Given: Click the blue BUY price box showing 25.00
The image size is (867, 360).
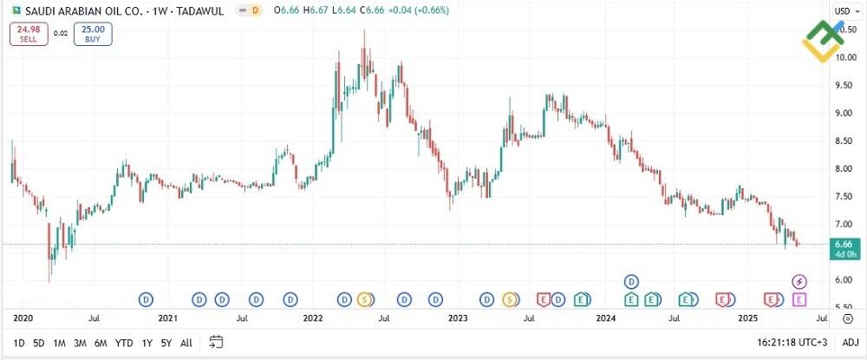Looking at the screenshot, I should coord(93,34).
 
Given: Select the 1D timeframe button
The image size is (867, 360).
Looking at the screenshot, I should coord(19,343).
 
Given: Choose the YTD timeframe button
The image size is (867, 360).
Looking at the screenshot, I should coord(124,343).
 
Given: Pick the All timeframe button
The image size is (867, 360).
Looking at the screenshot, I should coord(186,343).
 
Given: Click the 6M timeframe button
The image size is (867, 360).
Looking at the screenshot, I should coord(101,343).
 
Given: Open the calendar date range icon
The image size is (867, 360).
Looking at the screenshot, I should coord(217,342).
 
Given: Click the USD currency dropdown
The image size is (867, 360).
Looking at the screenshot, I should coord(844,10).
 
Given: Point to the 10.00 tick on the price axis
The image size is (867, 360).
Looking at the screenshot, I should coord(845,57).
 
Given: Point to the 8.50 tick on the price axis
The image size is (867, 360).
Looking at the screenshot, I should coord(845,141).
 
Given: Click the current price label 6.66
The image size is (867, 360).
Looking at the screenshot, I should coord(845,245).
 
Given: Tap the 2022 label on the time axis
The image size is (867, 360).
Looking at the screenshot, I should coord(314,318).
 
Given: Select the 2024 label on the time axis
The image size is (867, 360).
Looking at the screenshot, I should coord(606,318).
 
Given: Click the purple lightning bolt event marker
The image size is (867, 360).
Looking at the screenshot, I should coord(800,281).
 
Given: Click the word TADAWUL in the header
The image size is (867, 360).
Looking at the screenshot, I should coord(200,10).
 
